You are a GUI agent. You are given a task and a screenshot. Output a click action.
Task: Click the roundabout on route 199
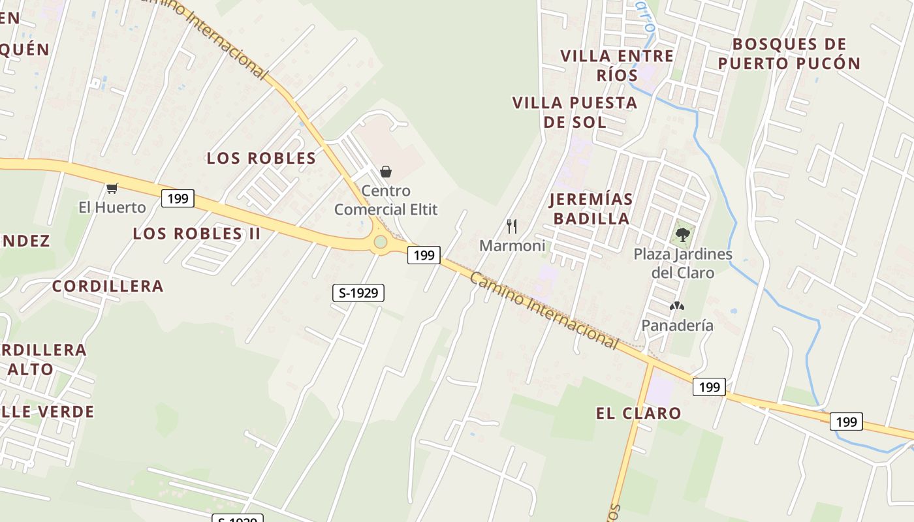point(380,243)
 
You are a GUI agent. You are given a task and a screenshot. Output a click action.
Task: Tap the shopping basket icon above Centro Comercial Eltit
point(386,172)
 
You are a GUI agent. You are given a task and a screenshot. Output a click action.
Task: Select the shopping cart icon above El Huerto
point(112,188)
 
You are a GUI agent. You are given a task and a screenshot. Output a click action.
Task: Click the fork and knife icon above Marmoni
point(512,226)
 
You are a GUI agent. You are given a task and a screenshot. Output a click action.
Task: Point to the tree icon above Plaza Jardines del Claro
point(683,234)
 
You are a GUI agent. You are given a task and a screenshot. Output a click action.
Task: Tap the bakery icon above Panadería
point(677,306)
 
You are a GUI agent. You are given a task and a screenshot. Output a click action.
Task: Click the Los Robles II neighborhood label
point(197,234)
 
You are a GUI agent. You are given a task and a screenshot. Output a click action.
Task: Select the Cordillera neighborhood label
point(108,286)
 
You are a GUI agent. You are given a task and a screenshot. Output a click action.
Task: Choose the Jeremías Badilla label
point(591,209)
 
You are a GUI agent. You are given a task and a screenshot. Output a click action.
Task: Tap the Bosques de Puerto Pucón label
point(789,54)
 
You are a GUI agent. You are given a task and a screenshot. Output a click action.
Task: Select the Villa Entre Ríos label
point(617,65)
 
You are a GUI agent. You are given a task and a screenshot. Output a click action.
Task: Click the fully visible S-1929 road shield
point(358,293)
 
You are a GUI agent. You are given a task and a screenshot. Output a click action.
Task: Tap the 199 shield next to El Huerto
point(178,198)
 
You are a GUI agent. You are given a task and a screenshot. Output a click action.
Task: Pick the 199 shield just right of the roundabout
point(424,255)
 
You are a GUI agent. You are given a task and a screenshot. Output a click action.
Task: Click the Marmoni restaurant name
point(512,246)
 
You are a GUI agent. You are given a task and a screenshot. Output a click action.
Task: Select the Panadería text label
point(677,325)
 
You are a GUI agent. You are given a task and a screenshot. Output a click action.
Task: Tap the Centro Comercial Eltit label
point(386,200)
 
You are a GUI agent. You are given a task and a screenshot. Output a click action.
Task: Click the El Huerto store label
point(112,207)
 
